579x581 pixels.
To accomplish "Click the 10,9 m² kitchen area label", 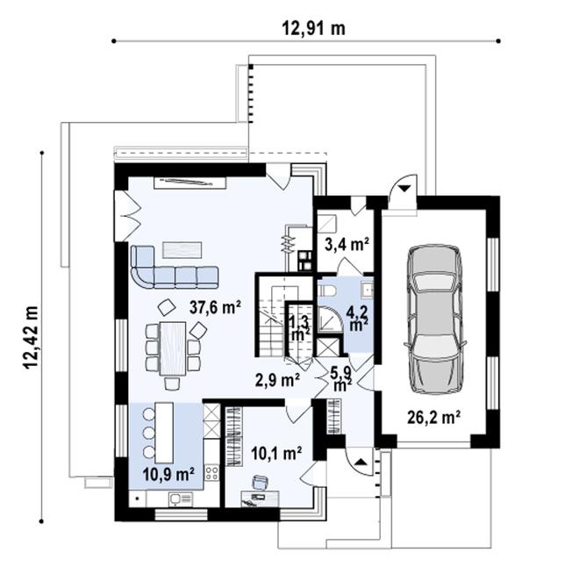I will click(x=168, y=475).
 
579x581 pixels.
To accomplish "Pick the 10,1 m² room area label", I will click(x=276, y=453).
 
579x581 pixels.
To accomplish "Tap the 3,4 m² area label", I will click(x=347, y=243).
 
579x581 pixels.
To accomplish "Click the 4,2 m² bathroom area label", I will click(x=358, y=317).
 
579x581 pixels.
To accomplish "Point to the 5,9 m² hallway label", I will click(x=341, y=376).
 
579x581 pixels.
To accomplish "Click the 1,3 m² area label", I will click(x=299, y=327).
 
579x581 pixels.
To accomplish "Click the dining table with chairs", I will click(x=173, y=347).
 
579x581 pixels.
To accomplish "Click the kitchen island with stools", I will click(x=163, y=430).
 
